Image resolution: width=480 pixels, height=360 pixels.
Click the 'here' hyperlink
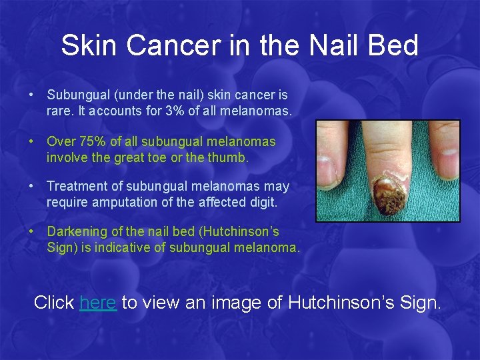click(98, 302)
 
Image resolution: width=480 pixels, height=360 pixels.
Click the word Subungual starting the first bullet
click(76, 95)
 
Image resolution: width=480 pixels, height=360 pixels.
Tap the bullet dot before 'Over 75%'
click(32, 141)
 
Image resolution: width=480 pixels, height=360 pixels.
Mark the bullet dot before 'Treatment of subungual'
click(32, 187)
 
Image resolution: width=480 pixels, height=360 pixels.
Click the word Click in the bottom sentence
click(54, 302)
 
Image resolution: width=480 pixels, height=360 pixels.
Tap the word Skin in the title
click(85, 46)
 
